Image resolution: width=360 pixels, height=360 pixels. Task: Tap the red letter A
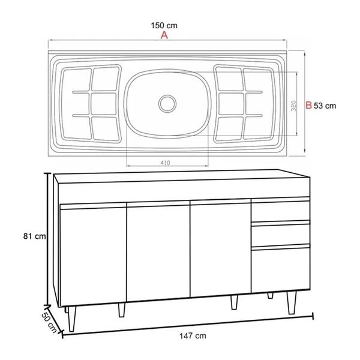click(164, 36)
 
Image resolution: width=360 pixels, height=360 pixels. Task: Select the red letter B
click(308, 105)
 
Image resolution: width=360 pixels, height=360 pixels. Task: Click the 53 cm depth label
click(325, 105)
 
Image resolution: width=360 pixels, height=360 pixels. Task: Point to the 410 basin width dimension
click(167, 161)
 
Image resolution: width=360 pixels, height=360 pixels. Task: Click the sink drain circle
click(167, 101)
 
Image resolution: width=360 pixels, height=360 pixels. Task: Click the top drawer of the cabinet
click(280, 211)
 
